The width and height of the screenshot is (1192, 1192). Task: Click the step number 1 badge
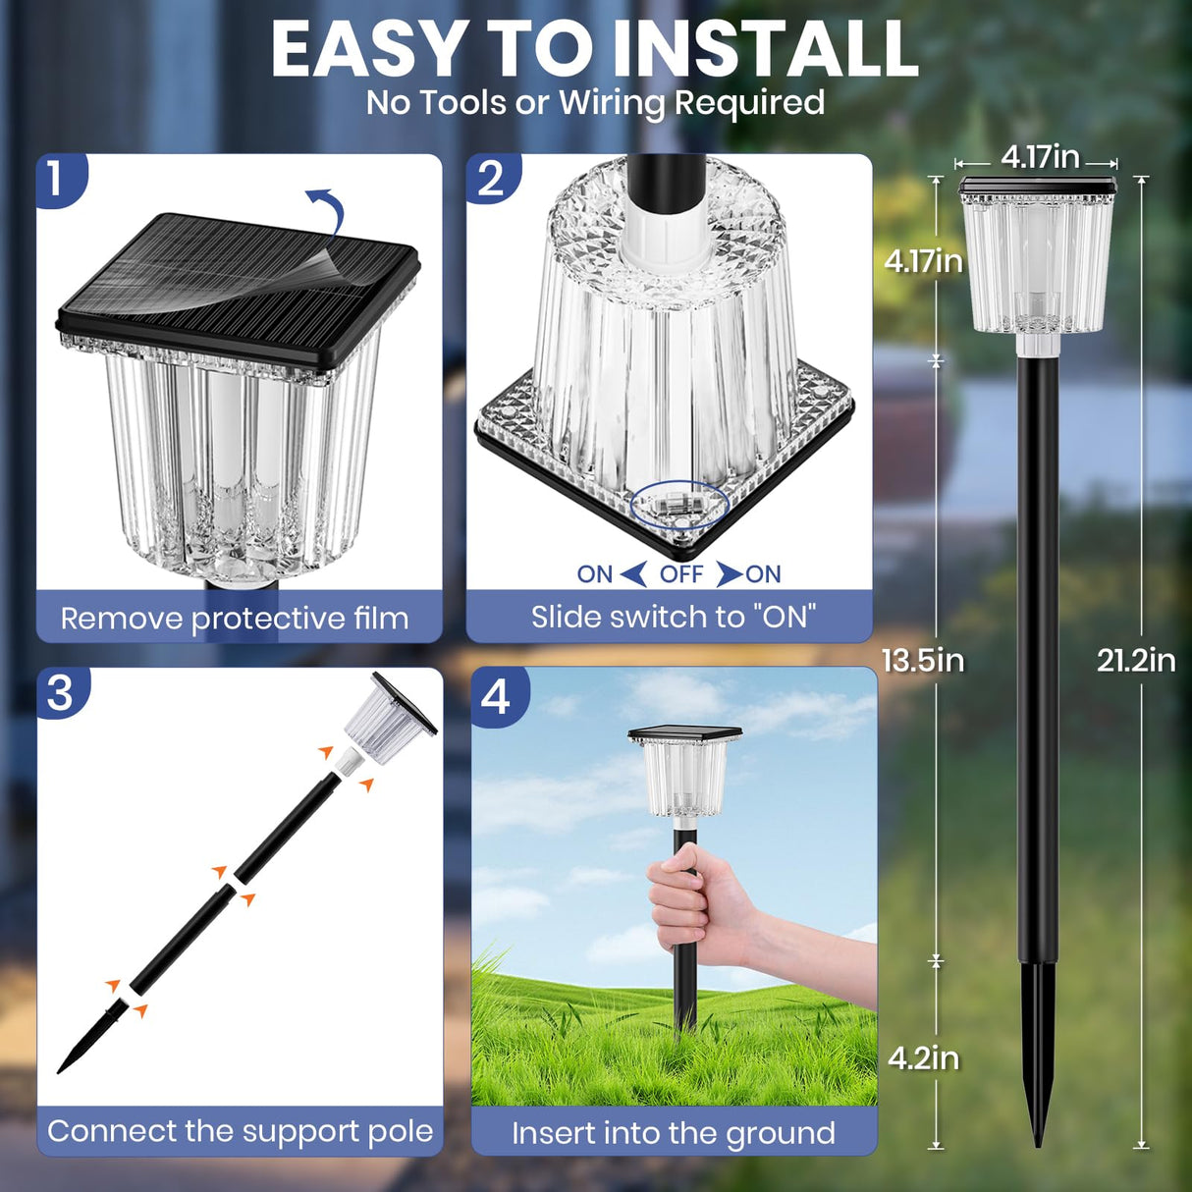pos(56,178)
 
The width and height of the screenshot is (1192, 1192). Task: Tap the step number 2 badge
pos(490,178)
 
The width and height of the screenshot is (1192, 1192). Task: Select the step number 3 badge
pos(60,692)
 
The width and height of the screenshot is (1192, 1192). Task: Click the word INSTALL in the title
pos(765,49)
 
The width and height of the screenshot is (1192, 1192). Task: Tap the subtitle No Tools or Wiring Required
pos(595,102)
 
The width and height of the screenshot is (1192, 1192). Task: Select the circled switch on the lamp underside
pos(678,506)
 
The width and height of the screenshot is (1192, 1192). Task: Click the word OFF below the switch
pos(681,574)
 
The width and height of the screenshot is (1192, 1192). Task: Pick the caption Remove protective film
pos(235,619)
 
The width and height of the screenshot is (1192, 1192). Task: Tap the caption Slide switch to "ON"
pos(674,617)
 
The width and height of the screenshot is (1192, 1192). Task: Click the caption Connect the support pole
pos(241,1131)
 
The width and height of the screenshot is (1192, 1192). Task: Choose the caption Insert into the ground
pos(674,1133)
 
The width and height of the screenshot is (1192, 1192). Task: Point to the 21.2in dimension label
pos(1136,661)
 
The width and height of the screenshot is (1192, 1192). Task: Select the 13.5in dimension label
pos(923,661)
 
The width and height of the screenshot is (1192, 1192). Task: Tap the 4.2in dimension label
pos(923,1057)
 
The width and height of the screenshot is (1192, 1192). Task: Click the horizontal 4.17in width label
pos(1040,157)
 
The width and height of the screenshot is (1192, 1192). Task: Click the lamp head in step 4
pos(685,771)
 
